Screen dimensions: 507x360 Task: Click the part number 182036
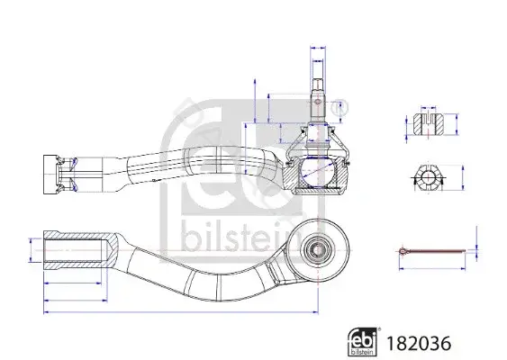point(419,343)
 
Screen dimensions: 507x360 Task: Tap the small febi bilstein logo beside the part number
point(362,342)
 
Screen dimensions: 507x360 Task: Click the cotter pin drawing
point(432,251)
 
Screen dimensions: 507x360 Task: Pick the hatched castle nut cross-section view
point(429,124)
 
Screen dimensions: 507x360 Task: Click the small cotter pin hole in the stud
point(318,102)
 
